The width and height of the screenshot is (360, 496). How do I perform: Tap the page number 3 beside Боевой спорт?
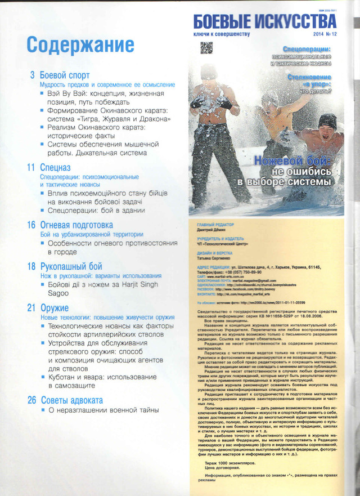pyautogui.click(x=32, y=75)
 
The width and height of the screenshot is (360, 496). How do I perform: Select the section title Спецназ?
pyautogui.click(x=55, y=167)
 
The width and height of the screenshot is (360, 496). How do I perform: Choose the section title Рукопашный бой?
pyautogui.click(x=71, y=266)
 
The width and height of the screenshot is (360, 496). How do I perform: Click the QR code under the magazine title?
pyautogui.click(x=207, y=47)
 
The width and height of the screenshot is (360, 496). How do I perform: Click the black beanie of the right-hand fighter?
pyautogui.click(x=327, y=120)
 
